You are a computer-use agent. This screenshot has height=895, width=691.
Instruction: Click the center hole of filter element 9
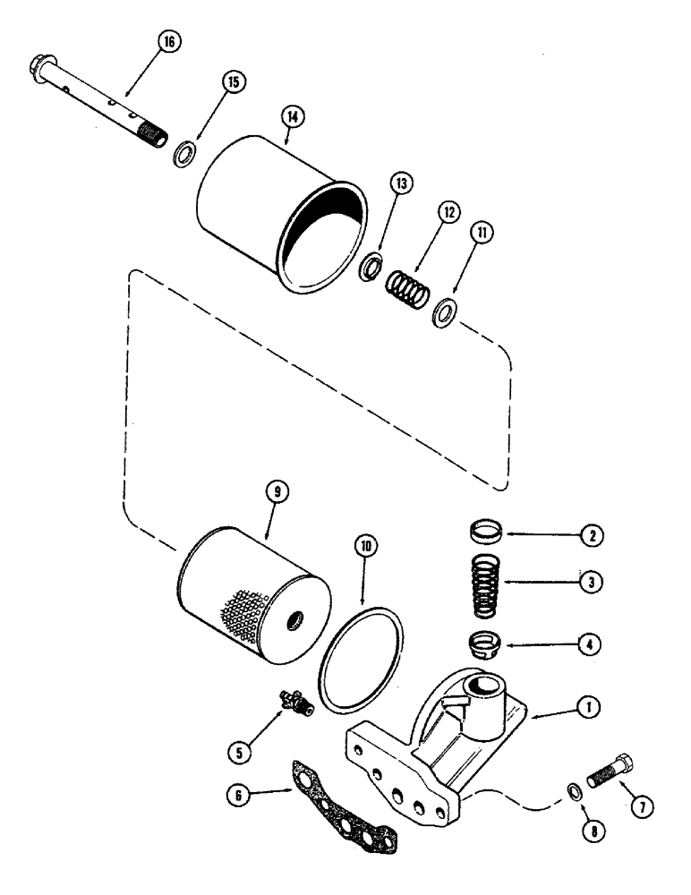coord(294,618)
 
